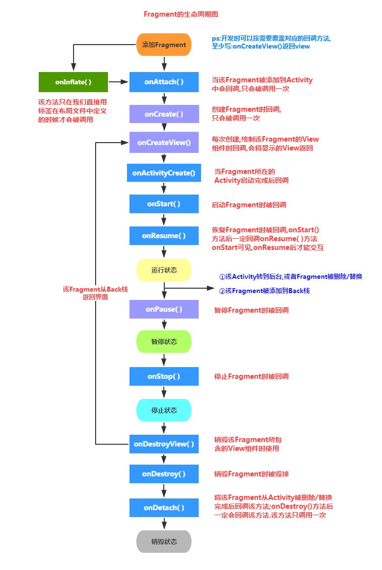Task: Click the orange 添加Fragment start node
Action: click(164, 45)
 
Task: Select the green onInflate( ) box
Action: click(73, 82)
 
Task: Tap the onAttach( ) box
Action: click(164, 82)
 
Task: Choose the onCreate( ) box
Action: click(164, 114)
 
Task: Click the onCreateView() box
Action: click(164, 143)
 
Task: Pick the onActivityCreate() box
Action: click(164, 173)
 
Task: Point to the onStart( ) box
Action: click(164, 204)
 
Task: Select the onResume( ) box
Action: click(164, 236)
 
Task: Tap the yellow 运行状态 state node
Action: click(164, 270)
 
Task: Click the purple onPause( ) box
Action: click(164, 310)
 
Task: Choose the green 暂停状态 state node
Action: click(164, 342)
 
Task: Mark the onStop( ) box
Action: click(164, 376)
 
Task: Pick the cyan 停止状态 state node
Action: click(164, 410)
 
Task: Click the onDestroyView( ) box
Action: click(164, 444)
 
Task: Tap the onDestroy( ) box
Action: click(164, 474)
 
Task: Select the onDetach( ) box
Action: click(164, 508)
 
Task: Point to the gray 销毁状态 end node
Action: click(164, 542)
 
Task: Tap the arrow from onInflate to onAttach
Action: click(118, 82)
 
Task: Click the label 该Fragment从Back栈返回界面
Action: click(95, 293)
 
